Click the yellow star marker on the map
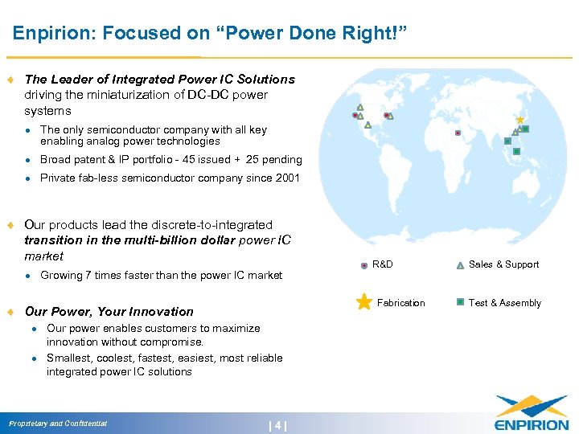(x=519, y=120)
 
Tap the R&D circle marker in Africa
(x=458, y=133)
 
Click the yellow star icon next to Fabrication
(x=363, y=302)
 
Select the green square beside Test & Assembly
(x=460, y=302)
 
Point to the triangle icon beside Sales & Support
(x=460, y=264)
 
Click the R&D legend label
(x=383, y=264)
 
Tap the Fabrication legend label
(x=400, y=303)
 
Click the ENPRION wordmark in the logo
(x=531, y=424)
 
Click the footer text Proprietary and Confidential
(x=58, y=424)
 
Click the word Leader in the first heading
(x=68, y=80)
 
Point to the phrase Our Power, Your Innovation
(x=109, y=311)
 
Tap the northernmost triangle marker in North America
(x=360, y=107)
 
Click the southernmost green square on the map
(x=516, y=151)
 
